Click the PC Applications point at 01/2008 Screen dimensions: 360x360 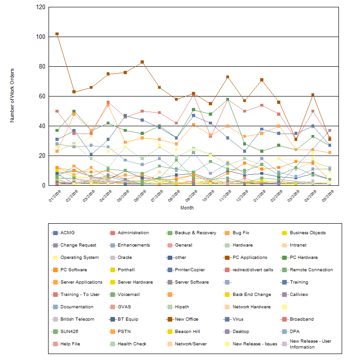(x=57, y=34)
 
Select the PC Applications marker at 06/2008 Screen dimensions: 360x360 (x=142, y=62)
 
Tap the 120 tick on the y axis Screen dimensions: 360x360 (x=41, y=7)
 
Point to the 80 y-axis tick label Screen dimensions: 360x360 (x=42, y=67)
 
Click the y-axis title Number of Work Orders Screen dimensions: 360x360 (x=12, y=96)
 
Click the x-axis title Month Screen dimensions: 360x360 (x=187, y=208)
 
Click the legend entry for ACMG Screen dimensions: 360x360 (x=67, y=233)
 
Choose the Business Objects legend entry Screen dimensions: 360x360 (x=308, y=233)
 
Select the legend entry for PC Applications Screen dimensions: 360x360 (x=250, y=258)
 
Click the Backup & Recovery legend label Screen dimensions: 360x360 (x=195, y=233)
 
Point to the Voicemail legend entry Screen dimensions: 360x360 (x=129, y=295)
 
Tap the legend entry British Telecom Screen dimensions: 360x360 (x=77, y=319)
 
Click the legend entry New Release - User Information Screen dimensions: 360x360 (x=310, y=344)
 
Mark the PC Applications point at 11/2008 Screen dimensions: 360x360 (x=228, y=77)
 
